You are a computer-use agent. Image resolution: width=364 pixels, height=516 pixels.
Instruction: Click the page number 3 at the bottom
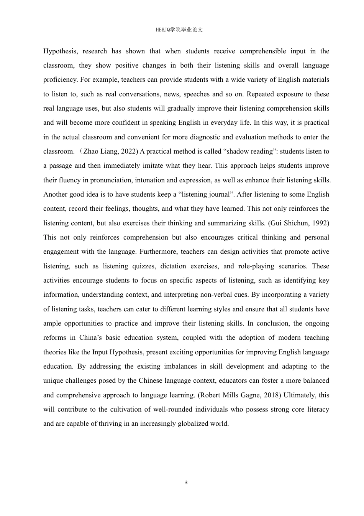(186, 483)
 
